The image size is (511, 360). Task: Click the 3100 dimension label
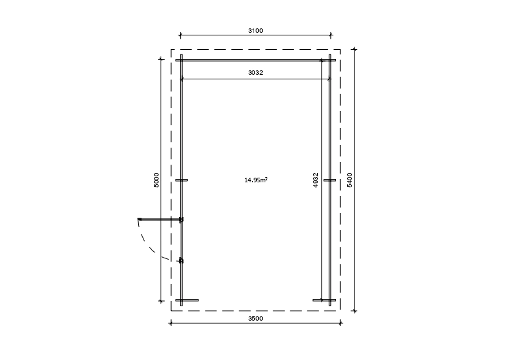pyautogui.click(x=255, y=31)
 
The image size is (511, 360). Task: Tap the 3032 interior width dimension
pyautogui.click(x=255, y=73)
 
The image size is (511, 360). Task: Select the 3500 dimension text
pyautogui.click(x=255, y=319)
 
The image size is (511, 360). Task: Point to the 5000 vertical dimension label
pyautogui.click(x=157, y=180)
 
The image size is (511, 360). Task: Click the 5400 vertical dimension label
pyautogui.click(x=350, y=180)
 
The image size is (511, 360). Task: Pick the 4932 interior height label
pyautogui.click(x=316, y=180)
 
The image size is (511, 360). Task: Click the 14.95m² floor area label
pyautogui.click(x=256, y=180)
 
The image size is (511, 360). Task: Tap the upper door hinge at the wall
pyautogui.click(x=181, y=220)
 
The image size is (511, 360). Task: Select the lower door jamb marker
pyautogui.click(x=181, y=261)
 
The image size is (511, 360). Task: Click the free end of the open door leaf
pyautogui.click(x=139, y=219)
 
